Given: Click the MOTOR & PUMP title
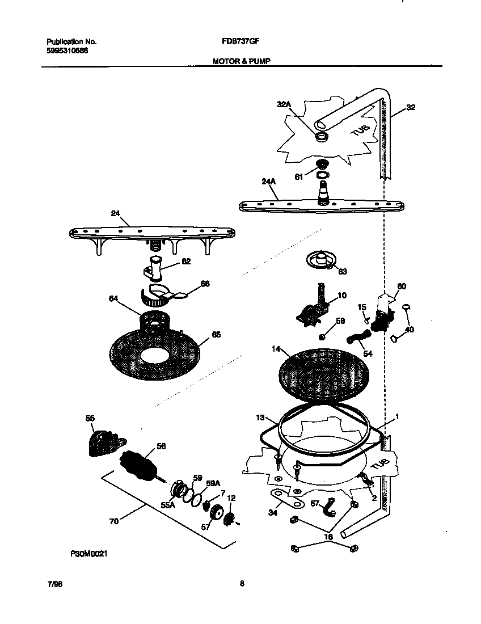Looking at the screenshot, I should click(241, 60).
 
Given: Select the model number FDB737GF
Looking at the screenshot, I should click(241, 41).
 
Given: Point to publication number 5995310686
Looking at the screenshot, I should click(67, 50).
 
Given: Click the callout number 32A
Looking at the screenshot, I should click(284, 105).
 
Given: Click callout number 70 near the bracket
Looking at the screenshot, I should click(114, 521).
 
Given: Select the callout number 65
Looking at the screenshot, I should click(216, 335).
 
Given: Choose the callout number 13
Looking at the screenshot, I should click(260, 418).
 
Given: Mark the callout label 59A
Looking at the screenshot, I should click(213, 483).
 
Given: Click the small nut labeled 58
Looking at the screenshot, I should click(322, 337).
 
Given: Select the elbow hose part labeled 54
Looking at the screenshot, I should click(356, 339).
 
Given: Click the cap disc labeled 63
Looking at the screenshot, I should click(320, 262).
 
